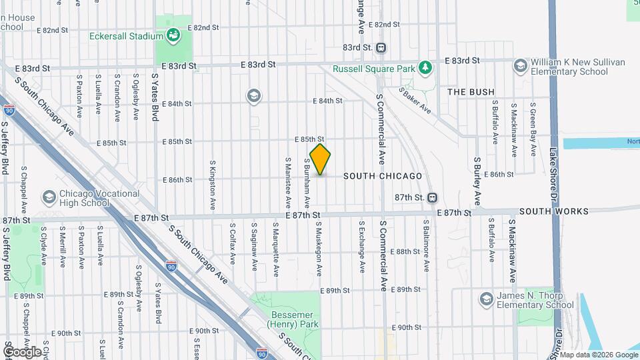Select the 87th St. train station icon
tap(433, 197)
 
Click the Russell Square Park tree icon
tap(425, 67)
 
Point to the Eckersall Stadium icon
tap(174, 35)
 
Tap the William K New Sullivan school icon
tap(520, 65)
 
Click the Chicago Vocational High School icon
tap(49, 197)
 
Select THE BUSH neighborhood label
tap(471, 92)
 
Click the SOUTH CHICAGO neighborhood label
tap(383, 176)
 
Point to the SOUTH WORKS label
tap(554, 211)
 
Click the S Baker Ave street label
tap(415, 100)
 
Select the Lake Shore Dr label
tap(553, 173)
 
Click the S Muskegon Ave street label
tap(319, 249)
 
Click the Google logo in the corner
tap(22, 351)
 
